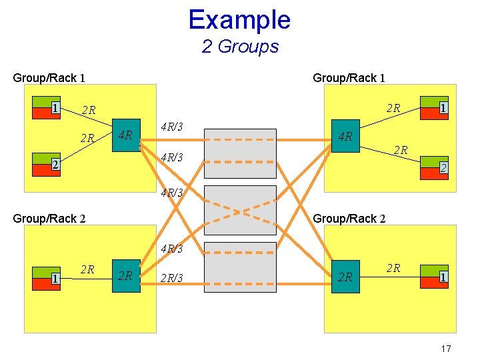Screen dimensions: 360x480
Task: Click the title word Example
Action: pyautogui.click(x=239, y=19)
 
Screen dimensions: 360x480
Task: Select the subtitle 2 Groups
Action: pyautogui.click(x=239, y=47)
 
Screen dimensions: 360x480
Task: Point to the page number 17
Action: pyautogui.click(x=446, y=349)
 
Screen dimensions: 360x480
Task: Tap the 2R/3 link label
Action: pyautogui.click(x=172, y=277)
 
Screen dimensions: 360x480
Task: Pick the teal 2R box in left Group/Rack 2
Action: pyautogui.click(x=126, y=276)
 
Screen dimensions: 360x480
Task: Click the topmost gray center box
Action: pyautogui.click(x=240, y=153)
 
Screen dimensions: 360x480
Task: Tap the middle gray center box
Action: pyautogui.click(x=240, y=210)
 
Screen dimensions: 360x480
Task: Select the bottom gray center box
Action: pyautogui.click(x=240, y=267)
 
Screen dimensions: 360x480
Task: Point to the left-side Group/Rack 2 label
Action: pyautogui.click(x=49, y=218)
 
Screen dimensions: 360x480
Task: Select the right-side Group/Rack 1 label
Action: pyautogui.click(x=349, y=78)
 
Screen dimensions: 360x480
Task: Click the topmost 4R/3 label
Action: pyautogui.click(x=172, y=127)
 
